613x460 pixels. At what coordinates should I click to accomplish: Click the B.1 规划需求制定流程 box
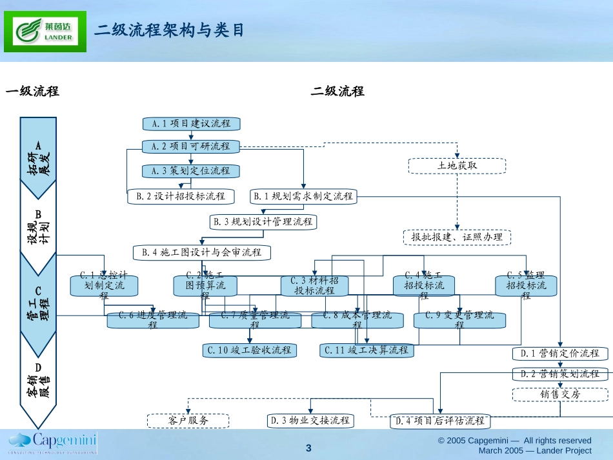[x=303, y=196]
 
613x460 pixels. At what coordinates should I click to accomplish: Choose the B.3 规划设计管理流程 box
[x=263, y=222]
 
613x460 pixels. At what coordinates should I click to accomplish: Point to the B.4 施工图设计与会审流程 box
[x=202, y=252]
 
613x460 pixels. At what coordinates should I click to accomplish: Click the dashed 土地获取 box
[x=457, y=166]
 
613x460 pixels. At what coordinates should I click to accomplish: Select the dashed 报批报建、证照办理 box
[x=457, y=237]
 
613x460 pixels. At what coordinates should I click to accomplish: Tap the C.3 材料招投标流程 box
[x=314, y=286]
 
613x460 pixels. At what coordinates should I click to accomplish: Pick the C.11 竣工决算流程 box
[x=367, y=350]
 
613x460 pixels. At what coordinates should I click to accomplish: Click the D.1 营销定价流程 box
[x=560, y=353]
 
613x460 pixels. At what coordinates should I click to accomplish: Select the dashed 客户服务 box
[x=188, y=421]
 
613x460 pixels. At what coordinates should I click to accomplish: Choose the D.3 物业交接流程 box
[x=310, y=421]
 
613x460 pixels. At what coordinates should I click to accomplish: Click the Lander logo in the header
[x=45, y=31]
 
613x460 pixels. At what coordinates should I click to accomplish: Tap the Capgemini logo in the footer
[x=52, y=443]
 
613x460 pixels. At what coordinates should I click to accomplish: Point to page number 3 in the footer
[x=308, y=448]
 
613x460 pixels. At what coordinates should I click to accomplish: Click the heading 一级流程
[x=32, y=92]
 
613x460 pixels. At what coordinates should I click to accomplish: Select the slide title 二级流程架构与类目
[x=170, y=30]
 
